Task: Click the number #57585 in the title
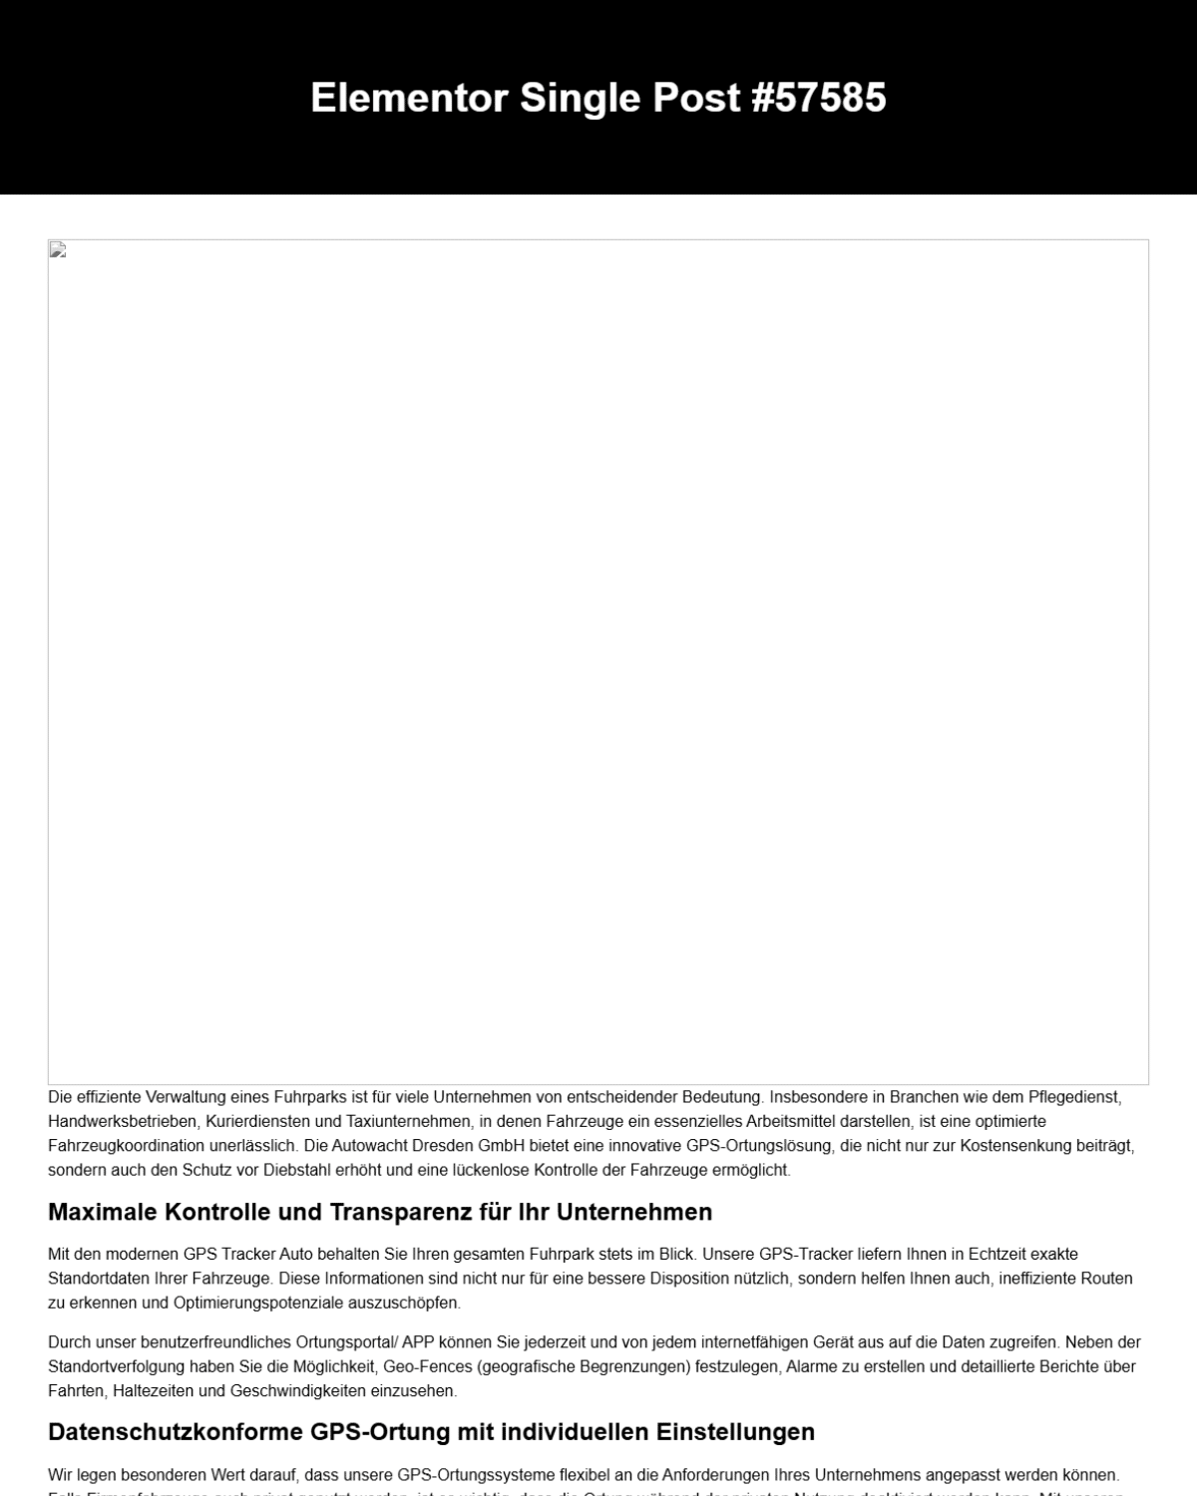[818, 98]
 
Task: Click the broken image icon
[58, 250]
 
